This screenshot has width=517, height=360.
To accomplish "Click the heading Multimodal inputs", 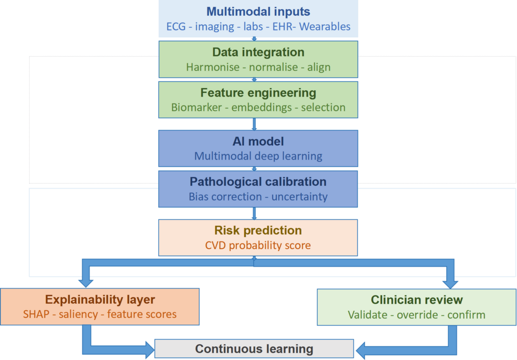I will click(x=258, y=12).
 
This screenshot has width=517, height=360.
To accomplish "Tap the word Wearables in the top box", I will click(x=325, y=26).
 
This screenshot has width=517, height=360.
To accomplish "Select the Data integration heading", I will click(x=258, y=52).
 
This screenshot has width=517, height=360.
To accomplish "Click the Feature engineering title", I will click(x=258, y=93).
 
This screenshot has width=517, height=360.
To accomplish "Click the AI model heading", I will click(x=258, y=141).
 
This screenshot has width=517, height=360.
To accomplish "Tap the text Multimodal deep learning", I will click(x=258, y=156).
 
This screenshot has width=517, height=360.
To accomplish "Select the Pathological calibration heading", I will click(x=258, y=182).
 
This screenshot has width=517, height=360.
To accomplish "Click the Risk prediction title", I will click(x=258, y=230).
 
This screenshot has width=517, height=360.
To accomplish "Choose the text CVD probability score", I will click(x=258, y=245).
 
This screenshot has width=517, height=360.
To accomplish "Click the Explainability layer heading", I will click(x=100, y=300).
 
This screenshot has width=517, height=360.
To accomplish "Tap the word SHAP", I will click(x=35, y=314).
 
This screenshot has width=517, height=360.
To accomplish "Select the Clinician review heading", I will click(x=417, y=300).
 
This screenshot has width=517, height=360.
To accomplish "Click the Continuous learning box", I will click(x=254, y=348).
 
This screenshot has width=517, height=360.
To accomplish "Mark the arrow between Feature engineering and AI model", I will click(x=254, y=124).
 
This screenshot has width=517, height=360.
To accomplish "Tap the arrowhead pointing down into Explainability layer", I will click(x=84, y=282).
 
